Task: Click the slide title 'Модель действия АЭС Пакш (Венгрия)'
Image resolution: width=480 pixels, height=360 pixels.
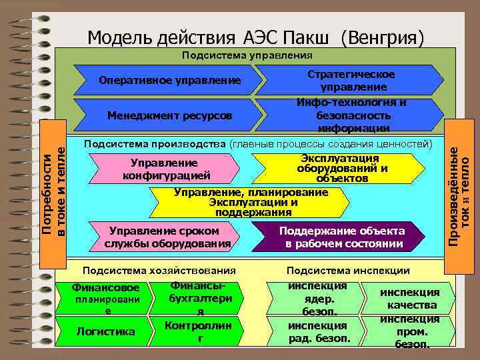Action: click(255, 37)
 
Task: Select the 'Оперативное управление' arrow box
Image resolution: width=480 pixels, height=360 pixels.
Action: click(169, 81)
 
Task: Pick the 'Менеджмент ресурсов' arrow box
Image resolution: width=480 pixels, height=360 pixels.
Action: click(170, 116)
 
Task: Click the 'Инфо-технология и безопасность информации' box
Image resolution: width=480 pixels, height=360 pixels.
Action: click(353, 115)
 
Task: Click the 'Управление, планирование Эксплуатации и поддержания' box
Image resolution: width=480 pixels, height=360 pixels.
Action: click(251, 202)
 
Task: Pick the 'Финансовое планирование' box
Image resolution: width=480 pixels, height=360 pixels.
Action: click(107, 299)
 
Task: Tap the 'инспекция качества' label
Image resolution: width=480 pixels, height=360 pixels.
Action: click(410, 299)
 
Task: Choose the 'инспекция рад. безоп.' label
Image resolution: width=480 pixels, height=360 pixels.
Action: click(319, 333)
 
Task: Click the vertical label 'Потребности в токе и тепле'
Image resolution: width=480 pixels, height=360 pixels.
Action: click(53, 193)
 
